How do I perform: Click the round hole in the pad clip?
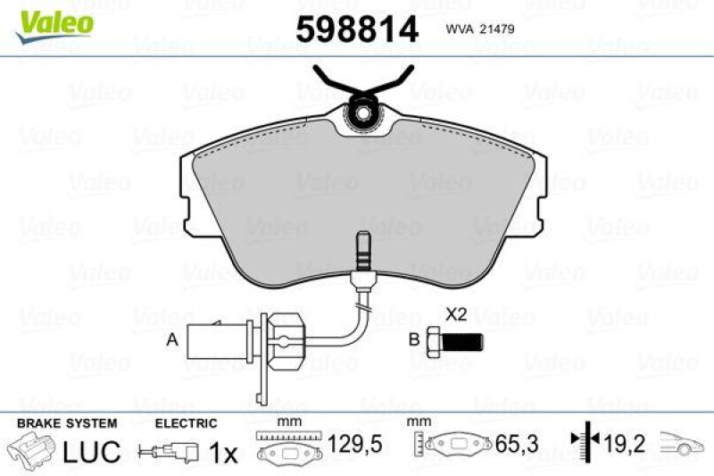362,113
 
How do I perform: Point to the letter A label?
171,339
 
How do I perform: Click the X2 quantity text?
456,313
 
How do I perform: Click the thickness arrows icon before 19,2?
581,444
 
